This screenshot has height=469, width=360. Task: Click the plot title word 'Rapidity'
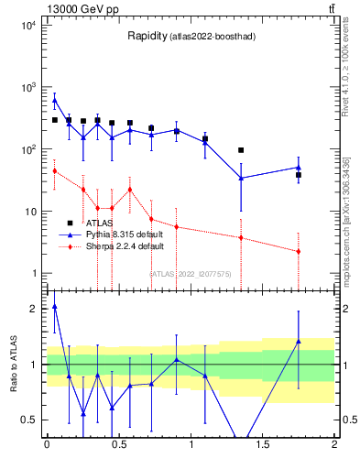pos(147,37)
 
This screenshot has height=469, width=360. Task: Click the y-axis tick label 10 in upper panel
pos(29,212)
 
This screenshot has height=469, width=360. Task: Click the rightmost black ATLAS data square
pos(299,174)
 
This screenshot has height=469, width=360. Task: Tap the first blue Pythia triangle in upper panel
pos(54,100)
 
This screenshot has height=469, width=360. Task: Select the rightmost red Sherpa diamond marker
pos(299,251)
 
